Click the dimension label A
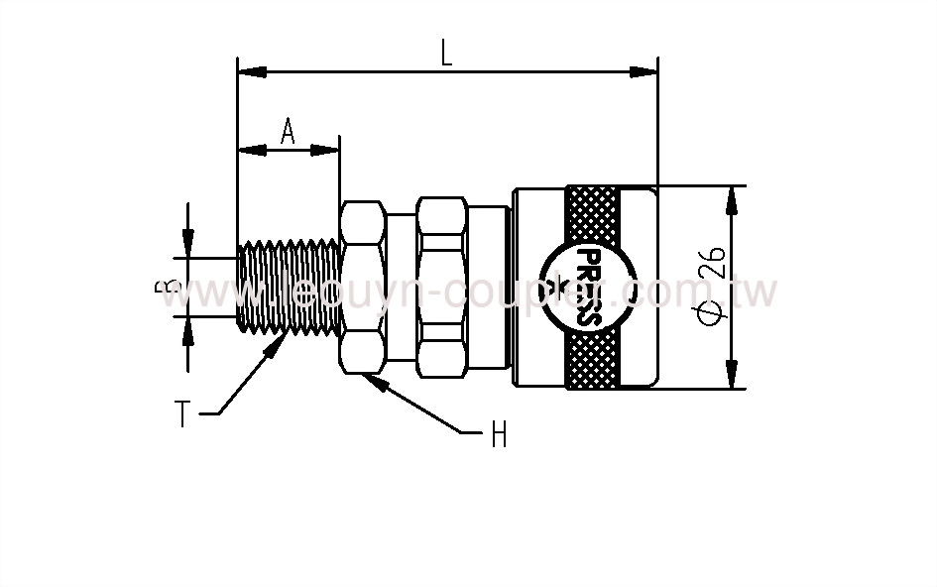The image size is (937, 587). tap(288, 131)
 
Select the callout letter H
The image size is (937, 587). tap(498, 433)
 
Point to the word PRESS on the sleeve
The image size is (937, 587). tap(581, 288)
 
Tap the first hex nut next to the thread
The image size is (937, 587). tap(363, 288)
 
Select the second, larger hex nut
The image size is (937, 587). tap(442, 288)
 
